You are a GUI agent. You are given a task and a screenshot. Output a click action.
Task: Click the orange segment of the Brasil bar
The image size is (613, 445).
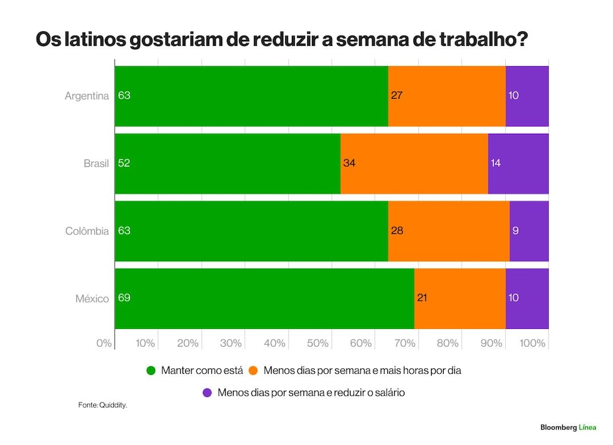414,164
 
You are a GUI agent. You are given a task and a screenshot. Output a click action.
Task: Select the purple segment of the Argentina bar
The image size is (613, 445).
527,96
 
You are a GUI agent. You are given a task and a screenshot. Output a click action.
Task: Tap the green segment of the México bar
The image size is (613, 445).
265,299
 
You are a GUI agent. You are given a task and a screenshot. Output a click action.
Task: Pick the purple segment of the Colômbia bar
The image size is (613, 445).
530,231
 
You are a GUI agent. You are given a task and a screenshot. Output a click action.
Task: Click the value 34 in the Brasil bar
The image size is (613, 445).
349,163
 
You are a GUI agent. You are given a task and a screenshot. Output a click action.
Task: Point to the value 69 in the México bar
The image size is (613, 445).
124,298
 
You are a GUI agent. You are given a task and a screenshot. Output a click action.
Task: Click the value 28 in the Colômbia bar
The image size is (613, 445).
397,231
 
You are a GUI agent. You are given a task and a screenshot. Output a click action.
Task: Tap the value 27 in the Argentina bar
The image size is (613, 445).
397,96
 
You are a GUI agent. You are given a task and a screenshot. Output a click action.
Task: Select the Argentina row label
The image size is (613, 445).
87,96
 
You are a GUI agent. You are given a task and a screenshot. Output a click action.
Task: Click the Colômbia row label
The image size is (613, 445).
87,231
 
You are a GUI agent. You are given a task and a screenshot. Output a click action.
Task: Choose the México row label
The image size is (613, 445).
93,299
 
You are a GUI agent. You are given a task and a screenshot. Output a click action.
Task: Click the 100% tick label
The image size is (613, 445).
532,343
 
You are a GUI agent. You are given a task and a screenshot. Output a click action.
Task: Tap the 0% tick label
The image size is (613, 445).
104,343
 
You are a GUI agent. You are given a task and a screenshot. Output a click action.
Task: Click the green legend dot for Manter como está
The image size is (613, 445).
151,370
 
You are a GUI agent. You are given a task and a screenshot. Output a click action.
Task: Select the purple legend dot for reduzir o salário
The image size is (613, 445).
207,393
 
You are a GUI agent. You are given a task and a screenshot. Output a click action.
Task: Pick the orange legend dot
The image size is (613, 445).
253,370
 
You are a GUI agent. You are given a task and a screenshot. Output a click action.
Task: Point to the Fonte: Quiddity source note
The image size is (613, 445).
103,405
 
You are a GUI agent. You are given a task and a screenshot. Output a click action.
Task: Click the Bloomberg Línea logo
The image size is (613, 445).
568,427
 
